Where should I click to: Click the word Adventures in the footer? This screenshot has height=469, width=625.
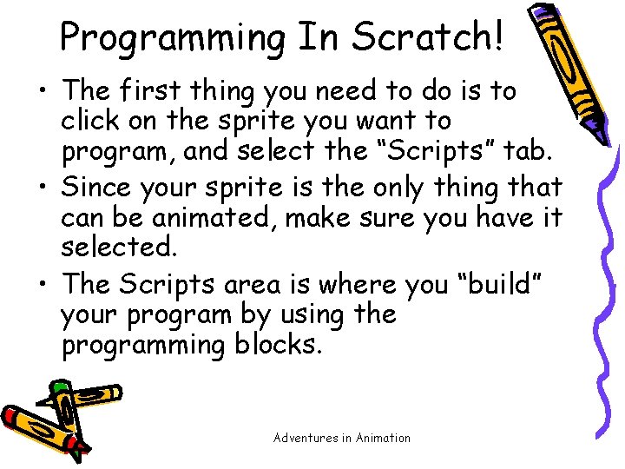tap(305, 438)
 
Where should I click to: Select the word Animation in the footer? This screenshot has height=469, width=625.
tap(382, 438)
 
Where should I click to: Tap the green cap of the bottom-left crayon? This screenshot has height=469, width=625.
tap(59, 386)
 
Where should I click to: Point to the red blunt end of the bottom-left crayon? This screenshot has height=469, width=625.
tap(10, 415)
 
